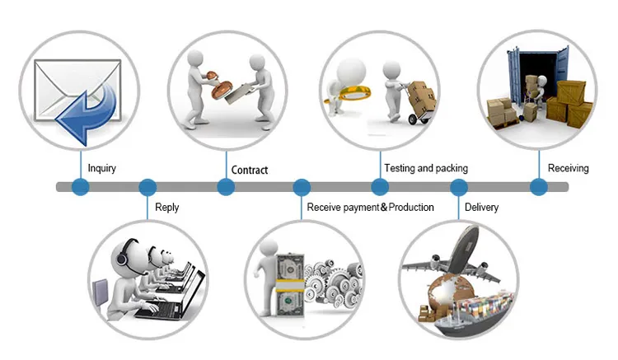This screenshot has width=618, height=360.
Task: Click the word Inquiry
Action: tap(102, 169)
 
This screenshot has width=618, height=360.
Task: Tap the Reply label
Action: tap(166, 208)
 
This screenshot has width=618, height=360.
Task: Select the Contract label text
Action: tap(250, 171)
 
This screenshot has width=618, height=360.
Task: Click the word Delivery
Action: tap(481, 207)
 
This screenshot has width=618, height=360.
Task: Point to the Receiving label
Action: tap(569, 168)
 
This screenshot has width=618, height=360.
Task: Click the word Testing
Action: tap(400, 168)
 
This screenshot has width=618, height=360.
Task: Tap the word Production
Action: tap(411, 207)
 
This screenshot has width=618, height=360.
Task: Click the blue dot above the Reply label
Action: tap(147, 187)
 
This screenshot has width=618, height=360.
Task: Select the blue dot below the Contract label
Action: tap(226, 187)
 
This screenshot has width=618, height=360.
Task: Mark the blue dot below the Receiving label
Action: tap(538, 187)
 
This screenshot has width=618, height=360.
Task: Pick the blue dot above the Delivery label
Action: tap(459, 187)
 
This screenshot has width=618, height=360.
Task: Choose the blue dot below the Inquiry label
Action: tap(80, 187)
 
